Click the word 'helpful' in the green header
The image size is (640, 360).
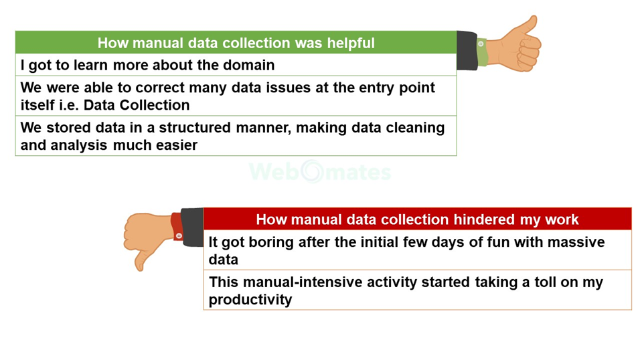351,43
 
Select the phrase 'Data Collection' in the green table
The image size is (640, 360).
137,105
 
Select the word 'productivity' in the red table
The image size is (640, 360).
250,300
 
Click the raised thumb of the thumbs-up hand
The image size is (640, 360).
530,25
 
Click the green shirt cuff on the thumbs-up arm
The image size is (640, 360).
481,52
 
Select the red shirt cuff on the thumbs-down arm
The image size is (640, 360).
177,227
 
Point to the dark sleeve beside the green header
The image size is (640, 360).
467,51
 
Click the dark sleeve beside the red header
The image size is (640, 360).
192,228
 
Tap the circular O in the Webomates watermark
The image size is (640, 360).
312,171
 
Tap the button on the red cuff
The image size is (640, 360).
179,236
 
